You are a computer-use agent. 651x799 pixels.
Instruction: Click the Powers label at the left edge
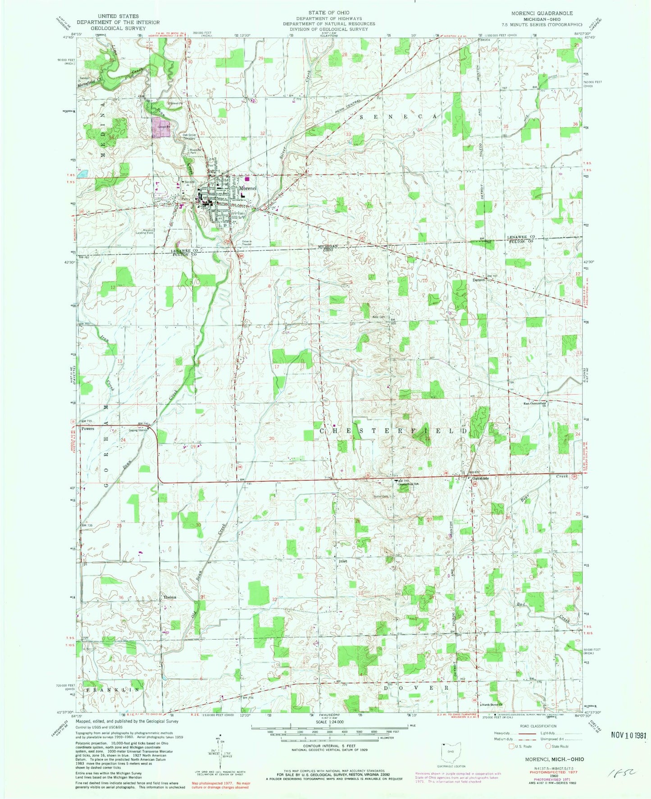tap(88, 429)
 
